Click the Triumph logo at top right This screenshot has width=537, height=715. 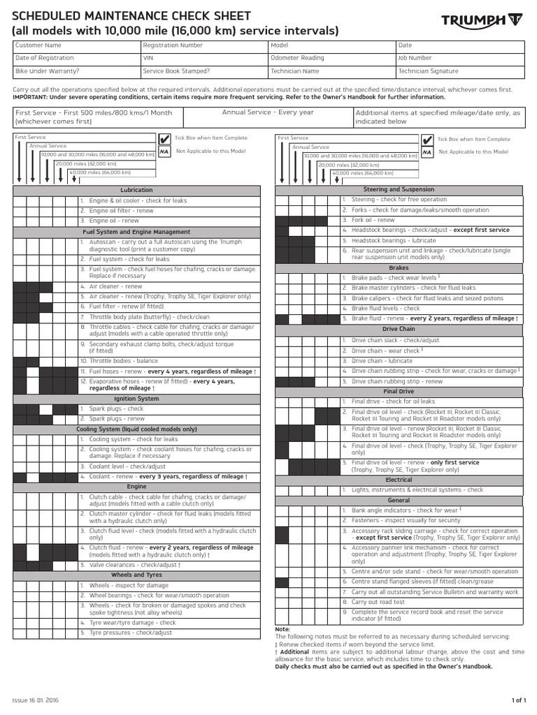coord(482,23)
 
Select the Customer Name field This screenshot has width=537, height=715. coord(76,46)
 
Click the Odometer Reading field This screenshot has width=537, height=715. coord(331,59)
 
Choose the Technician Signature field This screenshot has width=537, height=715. coord(459,71)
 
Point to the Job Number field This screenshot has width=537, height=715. coord(459,59)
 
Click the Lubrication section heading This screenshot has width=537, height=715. coord(136,190)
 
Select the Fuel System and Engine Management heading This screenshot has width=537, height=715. coord(136,232)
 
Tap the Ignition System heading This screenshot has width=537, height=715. coord(136,399)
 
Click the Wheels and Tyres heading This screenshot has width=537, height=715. coord(136,575)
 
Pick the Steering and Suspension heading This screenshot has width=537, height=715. coord(399,189)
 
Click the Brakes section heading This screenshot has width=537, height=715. coord(399,267)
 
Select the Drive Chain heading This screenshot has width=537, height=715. coord(399,330)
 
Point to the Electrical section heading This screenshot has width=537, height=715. coord(399,480)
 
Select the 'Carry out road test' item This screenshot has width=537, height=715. coord(378,601)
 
